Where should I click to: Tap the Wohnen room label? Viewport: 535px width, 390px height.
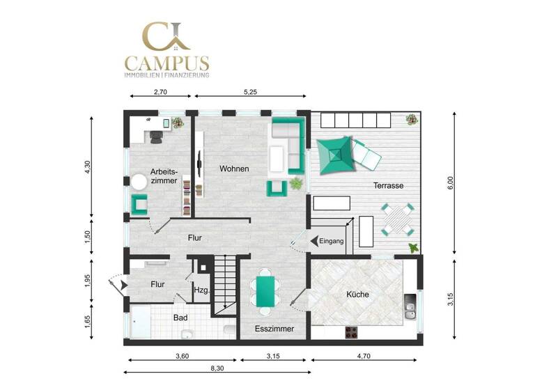coord(234,169)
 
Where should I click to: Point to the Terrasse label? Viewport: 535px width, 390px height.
coord(388,185)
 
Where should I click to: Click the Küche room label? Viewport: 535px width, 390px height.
coord(357,295)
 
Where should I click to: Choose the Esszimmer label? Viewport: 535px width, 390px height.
coord(274,329)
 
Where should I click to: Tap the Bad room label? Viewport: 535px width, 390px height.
coord(180,318)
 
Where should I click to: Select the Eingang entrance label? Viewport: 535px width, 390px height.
coord(332,242)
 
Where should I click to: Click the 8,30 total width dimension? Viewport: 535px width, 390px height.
coord(216,368)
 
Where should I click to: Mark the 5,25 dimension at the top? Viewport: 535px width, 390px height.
coord(251,91)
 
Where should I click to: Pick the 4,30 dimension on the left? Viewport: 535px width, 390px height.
coord(88,167)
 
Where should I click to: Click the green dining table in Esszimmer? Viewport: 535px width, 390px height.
coord(265,291)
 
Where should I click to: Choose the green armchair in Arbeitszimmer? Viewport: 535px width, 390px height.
coord(141,204)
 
